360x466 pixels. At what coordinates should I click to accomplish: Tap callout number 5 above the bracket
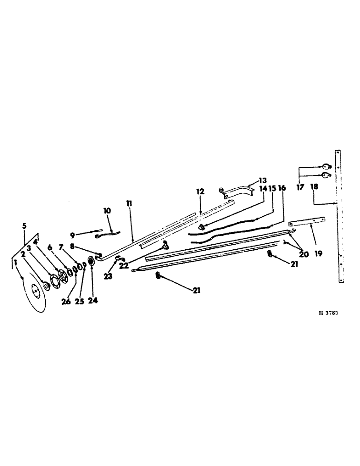pyautogui.click(x=24, y=226)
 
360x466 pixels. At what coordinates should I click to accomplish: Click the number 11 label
pyautogui.click(x=129, y=204)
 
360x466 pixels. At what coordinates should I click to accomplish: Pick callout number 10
pyautogui.click(x=107, y=211)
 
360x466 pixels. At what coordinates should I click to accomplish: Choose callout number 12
pyautogui.click(x=200, y=192)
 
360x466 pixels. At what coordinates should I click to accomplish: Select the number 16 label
pyautogui.click(x=282, y=188)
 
